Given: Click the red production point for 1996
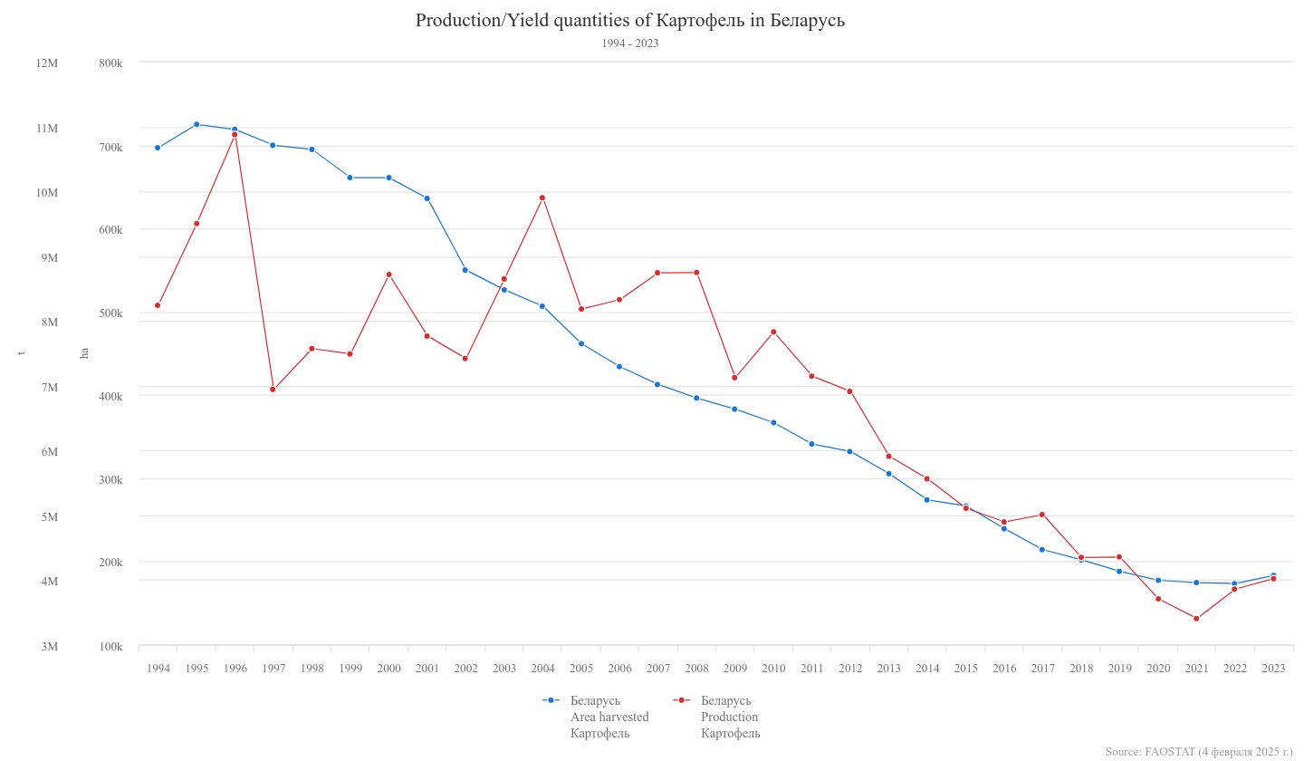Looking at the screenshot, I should click(235, 135).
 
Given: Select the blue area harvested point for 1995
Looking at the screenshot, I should click(197, 124).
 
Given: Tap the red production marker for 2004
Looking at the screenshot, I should click(542, 197).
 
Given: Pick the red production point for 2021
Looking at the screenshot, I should click(1196, 619).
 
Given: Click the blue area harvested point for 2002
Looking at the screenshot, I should click(465, 270).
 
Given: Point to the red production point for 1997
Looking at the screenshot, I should click(273, 390).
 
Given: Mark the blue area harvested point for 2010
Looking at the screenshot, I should click(773, 423).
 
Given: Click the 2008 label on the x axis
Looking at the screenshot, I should click(696, 669).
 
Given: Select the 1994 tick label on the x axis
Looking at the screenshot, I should click(158, 669).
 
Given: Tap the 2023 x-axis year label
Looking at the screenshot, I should click(1273, 669).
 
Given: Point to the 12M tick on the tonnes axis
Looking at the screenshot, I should click(47, 63).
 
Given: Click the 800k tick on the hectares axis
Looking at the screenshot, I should click(110, 63).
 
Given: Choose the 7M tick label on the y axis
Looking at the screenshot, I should click(47, 388).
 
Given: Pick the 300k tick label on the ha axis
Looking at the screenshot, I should click(110, 479).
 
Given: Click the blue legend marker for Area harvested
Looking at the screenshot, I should click(551, 700).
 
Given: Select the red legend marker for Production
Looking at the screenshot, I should click(681, 700).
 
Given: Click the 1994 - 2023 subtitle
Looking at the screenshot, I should click(629, 43).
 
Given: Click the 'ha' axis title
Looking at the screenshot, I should click(84, 353).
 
